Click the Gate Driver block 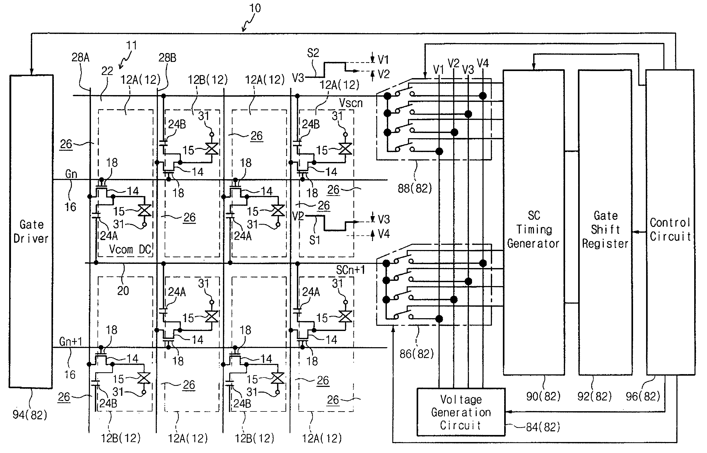[31, 231]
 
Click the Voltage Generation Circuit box [461, 412]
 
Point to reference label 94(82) [30, 415]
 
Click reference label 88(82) [415, 189]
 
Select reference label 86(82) [417, 354]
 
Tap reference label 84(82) [543, 427]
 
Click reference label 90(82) [543, 397]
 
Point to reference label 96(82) [643, 397]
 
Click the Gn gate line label [71, 174]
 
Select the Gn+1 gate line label [71, 341]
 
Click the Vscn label [351, 103]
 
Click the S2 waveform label [313, 53]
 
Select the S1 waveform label [314, 240]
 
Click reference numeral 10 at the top [255, 8]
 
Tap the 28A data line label [80, 57]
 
